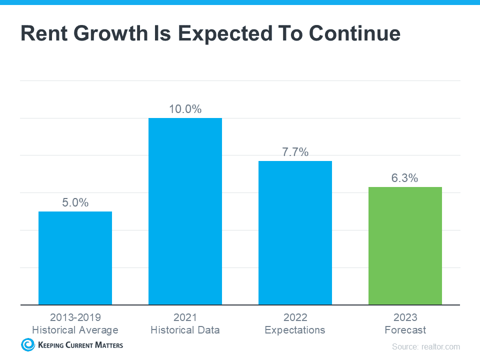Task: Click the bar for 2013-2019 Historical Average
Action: (x=75, y=258)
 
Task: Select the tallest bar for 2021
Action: (x=185, y=211)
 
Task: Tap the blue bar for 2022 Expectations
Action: (x=295, y=232)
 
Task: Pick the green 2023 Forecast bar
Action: (x=405, y=245)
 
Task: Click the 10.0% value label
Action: (x=185, y=109)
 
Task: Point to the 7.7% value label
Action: (x=295, y=152)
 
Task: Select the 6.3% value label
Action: (x=405, y=178)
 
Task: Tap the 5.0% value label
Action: (x=75, y=202)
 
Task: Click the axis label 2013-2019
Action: (x=75, y=317)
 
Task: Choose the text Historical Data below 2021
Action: (x=185, y=330)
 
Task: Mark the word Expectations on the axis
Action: (x=295, y=330)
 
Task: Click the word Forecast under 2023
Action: (x=405, y=330)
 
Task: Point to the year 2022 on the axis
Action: (x=295, y=317)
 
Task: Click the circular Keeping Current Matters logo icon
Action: (x=27, y=344)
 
